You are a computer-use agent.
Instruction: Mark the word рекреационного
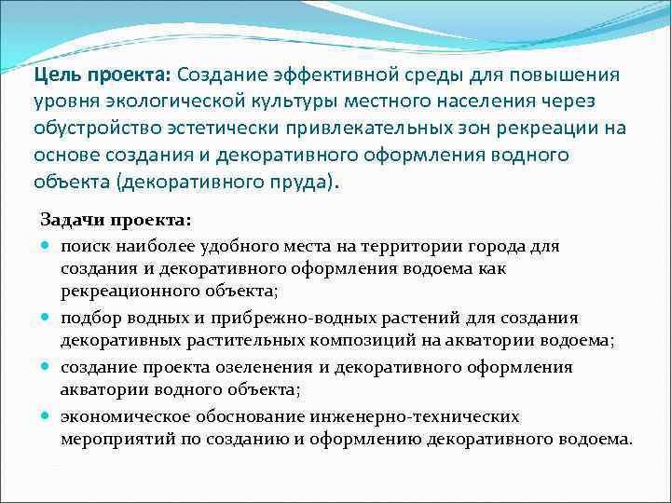point(132,294)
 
